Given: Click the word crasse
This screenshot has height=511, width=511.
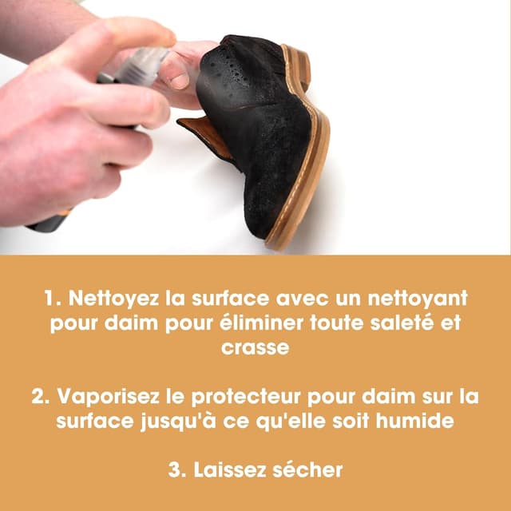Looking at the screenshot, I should (x=255, y=349).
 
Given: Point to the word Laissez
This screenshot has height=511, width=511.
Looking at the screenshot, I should (x=234, y=469).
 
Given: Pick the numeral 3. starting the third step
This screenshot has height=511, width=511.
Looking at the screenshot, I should (x=176, y=469).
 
